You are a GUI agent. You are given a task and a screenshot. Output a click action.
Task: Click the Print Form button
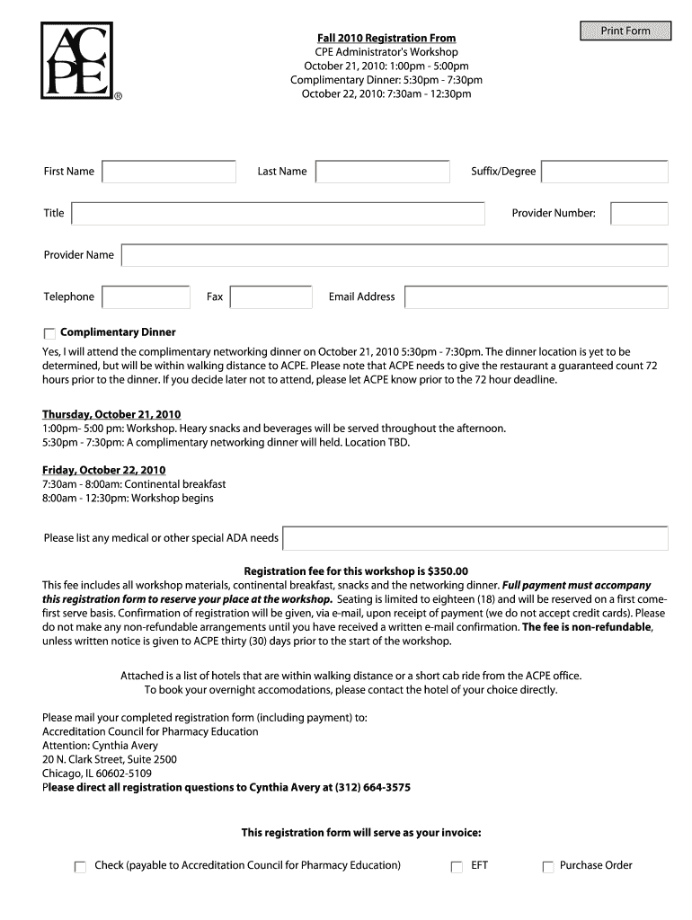point(625,31)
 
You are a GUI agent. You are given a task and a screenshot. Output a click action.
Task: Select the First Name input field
point(169,172)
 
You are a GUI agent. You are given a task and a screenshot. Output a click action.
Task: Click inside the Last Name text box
point(383,172)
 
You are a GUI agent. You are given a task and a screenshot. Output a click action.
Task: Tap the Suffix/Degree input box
point(605,172)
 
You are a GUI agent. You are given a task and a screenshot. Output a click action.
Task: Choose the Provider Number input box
point(639,214)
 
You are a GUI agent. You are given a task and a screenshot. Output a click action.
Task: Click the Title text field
point(279,214)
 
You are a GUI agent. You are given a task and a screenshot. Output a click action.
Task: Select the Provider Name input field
point(395,255)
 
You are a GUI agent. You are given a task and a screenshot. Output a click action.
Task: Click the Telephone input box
point(146,297)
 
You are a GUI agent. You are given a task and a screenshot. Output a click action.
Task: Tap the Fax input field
point(271,297)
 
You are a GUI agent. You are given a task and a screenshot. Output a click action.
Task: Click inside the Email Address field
point(536,297)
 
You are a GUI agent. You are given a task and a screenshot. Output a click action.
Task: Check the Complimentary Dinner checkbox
point(49,333)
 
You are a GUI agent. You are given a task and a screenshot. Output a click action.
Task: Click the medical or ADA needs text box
point(475,538)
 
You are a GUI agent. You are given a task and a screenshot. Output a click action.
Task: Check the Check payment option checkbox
point(80,867)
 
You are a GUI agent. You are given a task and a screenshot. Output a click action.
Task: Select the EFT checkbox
point(457,867)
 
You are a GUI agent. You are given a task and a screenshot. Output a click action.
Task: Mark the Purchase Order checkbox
point(547,867)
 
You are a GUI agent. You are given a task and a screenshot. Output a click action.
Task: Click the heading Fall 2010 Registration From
point(386,38)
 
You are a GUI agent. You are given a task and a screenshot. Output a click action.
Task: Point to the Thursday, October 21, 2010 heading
point(111,414)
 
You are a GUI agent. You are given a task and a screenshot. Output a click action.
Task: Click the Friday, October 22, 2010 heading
point(104,470)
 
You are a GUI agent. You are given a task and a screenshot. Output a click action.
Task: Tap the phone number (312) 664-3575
point(372,788)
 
